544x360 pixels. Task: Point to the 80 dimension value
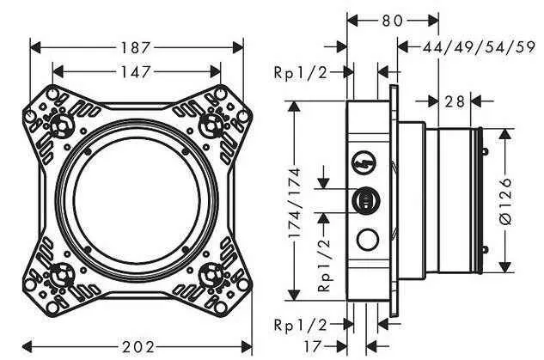pos(393,18)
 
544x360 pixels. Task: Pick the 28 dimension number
pos(455,101)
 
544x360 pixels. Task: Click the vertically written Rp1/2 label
pos(325,264)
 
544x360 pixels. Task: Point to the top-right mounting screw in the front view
pos(208,127)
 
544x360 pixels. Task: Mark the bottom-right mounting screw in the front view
pos(209,276)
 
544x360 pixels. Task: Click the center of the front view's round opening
pos(136,202)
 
